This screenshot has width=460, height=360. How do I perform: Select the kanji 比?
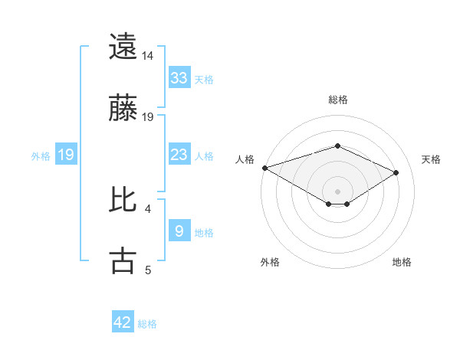click(123, 199)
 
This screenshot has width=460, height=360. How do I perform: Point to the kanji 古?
click(123, 260)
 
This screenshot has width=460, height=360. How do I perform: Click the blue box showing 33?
click(179, 77)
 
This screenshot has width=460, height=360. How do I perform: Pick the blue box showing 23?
click(179, 155)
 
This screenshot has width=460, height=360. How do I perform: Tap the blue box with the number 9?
click(179, 231)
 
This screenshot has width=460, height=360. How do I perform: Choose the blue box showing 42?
click(123, 322)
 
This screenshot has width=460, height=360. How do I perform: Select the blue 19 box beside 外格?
click(66, 155)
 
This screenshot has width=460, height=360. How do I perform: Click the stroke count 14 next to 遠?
click(148, 55)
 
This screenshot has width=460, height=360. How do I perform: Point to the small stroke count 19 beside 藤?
click(148, 116)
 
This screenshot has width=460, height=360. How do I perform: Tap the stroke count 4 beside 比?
click(148, 208)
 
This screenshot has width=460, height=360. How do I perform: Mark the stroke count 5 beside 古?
click(148, 270)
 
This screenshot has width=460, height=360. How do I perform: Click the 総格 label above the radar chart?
click(337, 100)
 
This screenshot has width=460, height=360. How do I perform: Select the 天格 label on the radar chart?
click(431, 159)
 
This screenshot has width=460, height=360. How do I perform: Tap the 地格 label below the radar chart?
click(402, 262)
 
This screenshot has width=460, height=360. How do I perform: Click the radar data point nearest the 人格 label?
click(264, 168)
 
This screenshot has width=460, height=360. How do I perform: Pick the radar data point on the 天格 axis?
click(396, 172)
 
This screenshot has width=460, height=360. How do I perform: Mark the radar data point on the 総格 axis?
click(337, 146)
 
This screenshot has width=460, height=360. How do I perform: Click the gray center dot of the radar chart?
click(337, 191)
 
